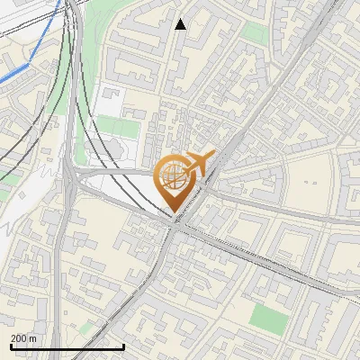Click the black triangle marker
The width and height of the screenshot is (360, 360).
point(181,24)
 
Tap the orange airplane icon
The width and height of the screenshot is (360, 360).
point(200,163)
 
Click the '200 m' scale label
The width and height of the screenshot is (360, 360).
point(23,338)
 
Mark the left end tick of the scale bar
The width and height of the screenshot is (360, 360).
point(11,346)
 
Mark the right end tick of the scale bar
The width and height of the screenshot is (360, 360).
point(123,346)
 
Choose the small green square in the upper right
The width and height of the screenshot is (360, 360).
point(256,34)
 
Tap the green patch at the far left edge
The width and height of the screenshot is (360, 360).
point(4,193)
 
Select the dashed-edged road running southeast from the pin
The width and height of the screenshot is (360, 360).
point(270,261)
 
